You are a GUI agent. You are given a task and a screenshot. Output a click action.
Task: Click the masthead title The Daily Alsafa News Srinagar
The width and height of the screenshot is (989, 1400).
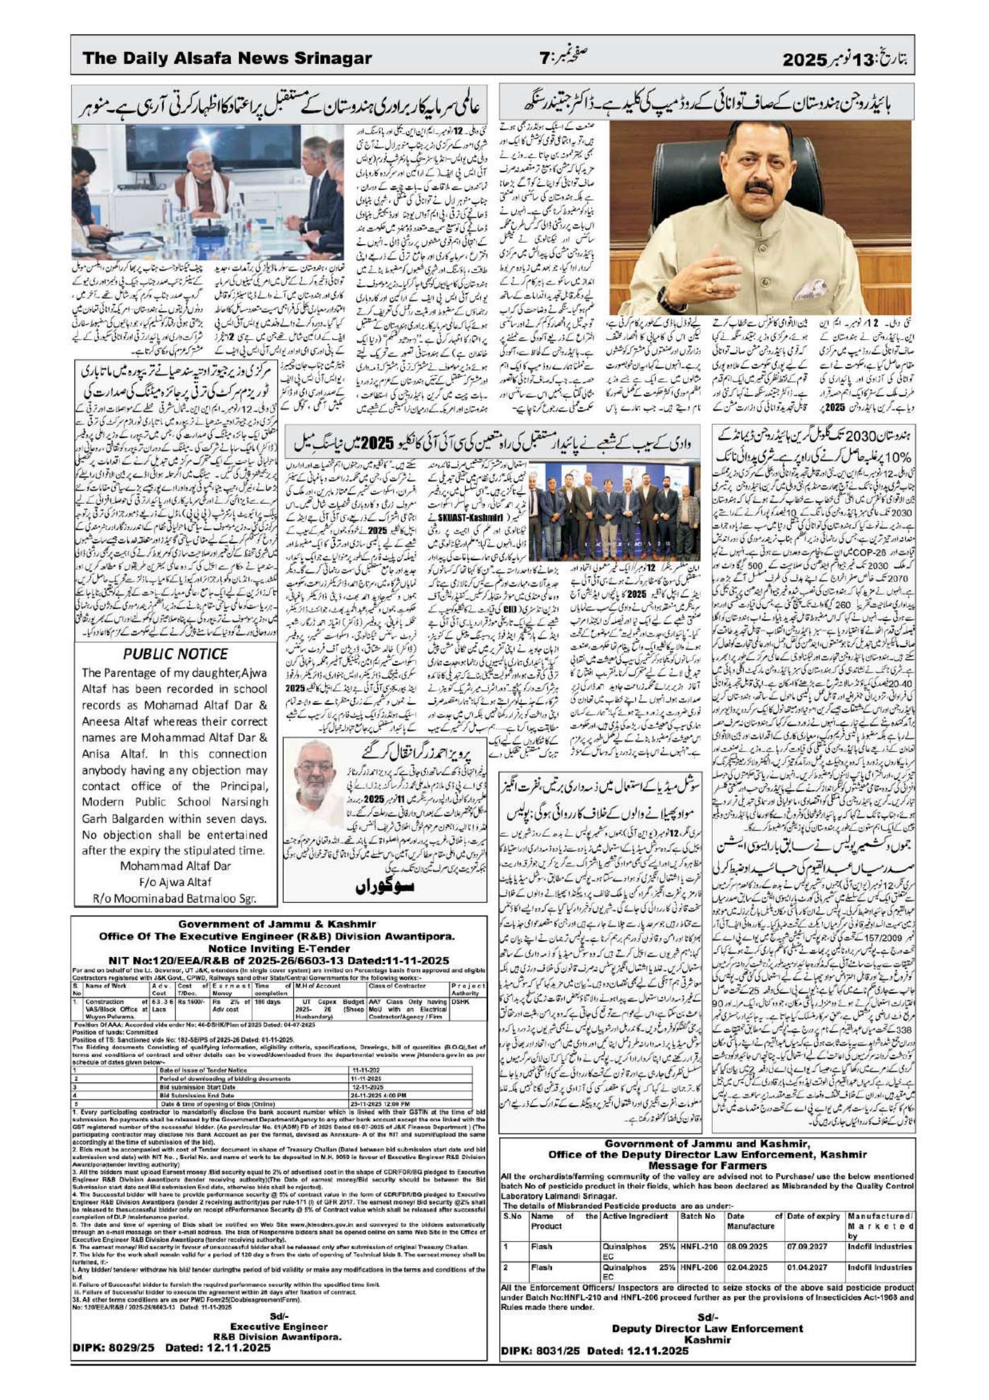tap(227, 59)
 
